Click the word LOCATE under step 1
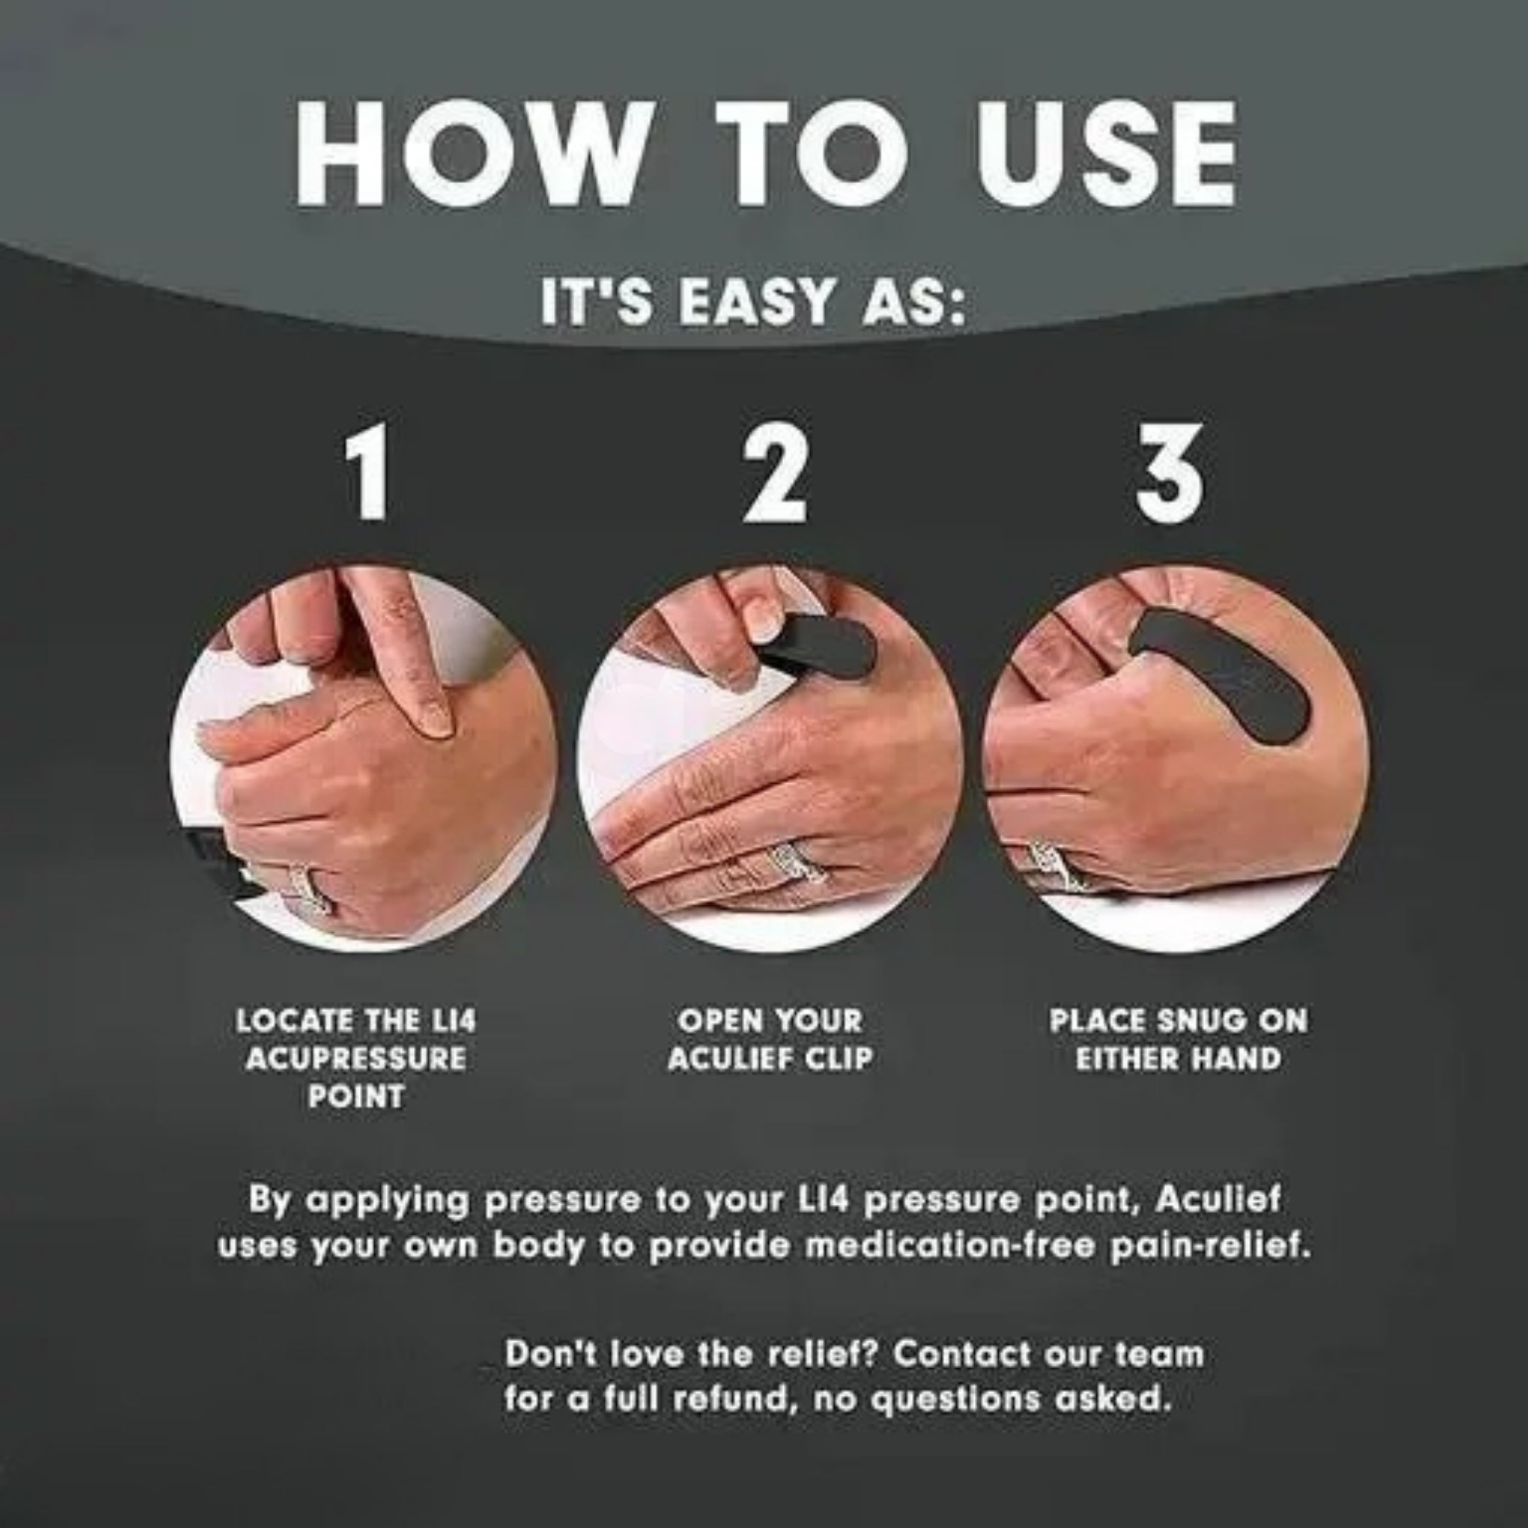click(x=294, y=1020)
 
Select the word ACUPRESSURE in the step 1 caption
click(x=355, y=1058)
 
